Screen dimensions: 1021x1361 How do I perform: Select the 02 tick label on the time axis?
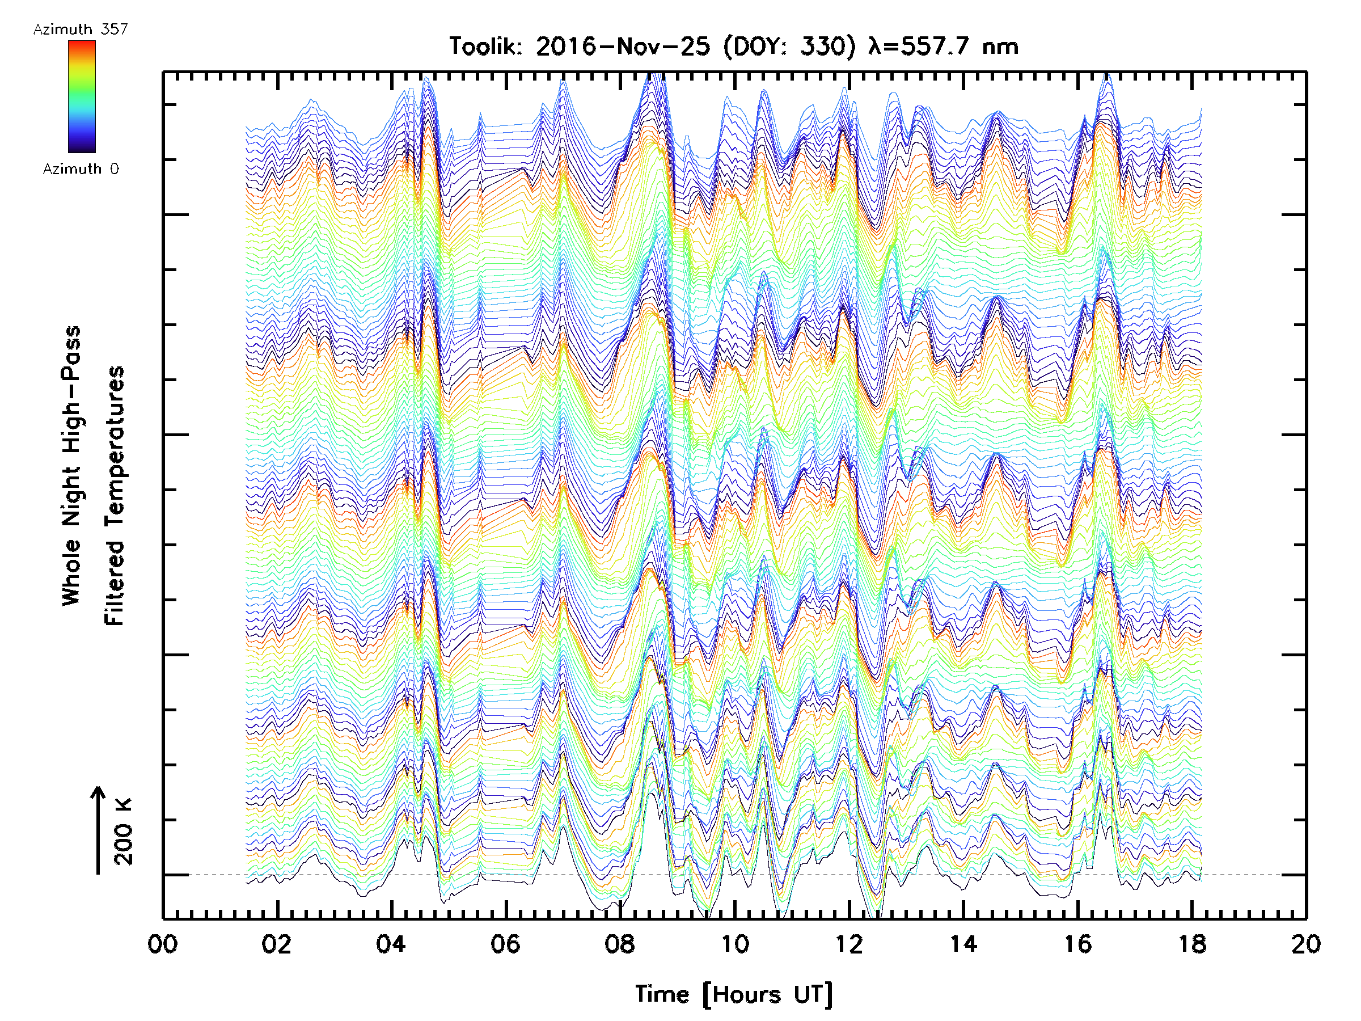(x=277, y=944)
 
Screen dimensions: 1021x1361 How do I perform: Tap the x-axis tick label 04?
(x=391, y=944)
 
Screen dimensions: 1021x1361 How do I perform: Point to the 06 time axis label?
(x=506, y=944)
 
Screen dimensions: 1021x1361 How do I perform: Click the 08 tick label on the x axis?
(x=620, y=944)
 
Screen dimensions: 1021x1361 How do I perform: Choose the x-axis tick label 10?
(x=734, y=944)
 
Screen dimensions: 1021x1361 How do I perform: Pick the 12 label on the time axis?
(x=849, y=944)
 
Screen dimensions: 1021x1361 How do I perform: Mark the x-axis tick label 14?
(x=963, y=944)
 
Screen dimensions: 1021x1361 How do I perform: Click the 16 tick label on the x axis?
(x=1078, y=944)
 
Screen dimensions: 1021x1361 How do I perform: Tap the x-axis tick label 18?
(x=1193, y=944)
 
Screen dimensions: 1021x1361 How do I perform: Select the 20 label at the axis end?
(x=1305, y=944)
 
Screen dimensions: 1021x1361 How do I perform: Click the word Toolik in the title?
(x=486, y=47)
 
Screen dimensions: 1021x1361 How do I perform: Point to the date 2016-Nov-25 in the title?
(x=623, y=47)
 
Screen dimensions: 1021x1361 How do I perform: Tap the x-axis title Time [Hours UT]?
(x=734, y=994)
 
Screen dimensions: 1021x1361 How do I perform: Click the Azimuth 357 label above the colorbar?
(x=81, y=29)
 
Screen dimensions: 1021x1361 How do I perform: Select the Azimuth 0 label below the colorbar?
(x=81, y=169)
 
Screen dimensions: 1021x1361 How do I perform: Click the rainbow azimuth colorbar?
(x=82, y=96)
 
